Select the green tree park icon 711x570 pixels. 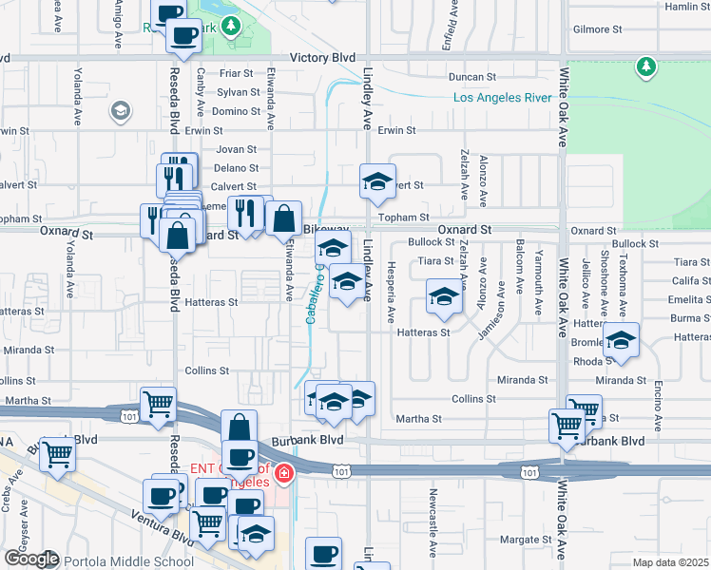(x=646, y=66)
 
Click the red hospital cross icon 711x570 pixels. (x=282, y=472)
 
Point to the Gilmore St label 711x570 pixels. (x=596, y=29)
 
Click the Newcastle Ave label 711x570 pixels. (x=432, y=522)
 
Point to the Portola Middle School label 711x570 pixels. (x=130, y=561)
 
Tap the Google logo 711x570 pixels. (x=31, y=559)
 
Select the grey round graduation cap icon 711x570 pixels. (x=120, y=111)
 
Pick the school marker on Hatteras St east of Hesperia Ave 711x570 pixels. (x=442, y=297)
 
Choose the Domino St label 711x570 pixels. (x=236, y=111)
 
